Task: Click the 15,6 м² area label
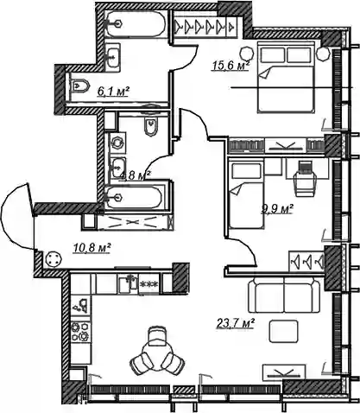pos(231,66)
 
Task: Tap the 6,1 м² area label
pos(113,92)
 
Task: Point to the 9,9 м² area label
pos(277,209)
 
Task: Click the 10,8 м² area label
pos(92,247)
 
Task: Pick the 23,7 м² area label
pos(235,323)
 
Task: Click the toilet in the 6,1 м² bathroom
pos(79,86)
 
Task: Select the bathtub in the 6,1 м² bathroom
pos(135,23)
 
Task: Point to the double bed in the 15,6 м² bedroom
pos(286,77)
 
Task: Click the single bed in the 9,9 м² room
pos(246,194)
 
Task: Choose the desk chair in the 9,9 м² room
pos(305,179)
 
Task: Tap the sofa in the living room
pos(284,295)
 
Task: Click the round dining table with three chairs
pos(157,351)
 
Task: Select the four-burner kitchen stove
pos(80,331)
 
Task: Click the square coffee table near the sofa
pos(283,331)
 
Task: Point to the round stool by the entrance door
pos(54,260)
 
